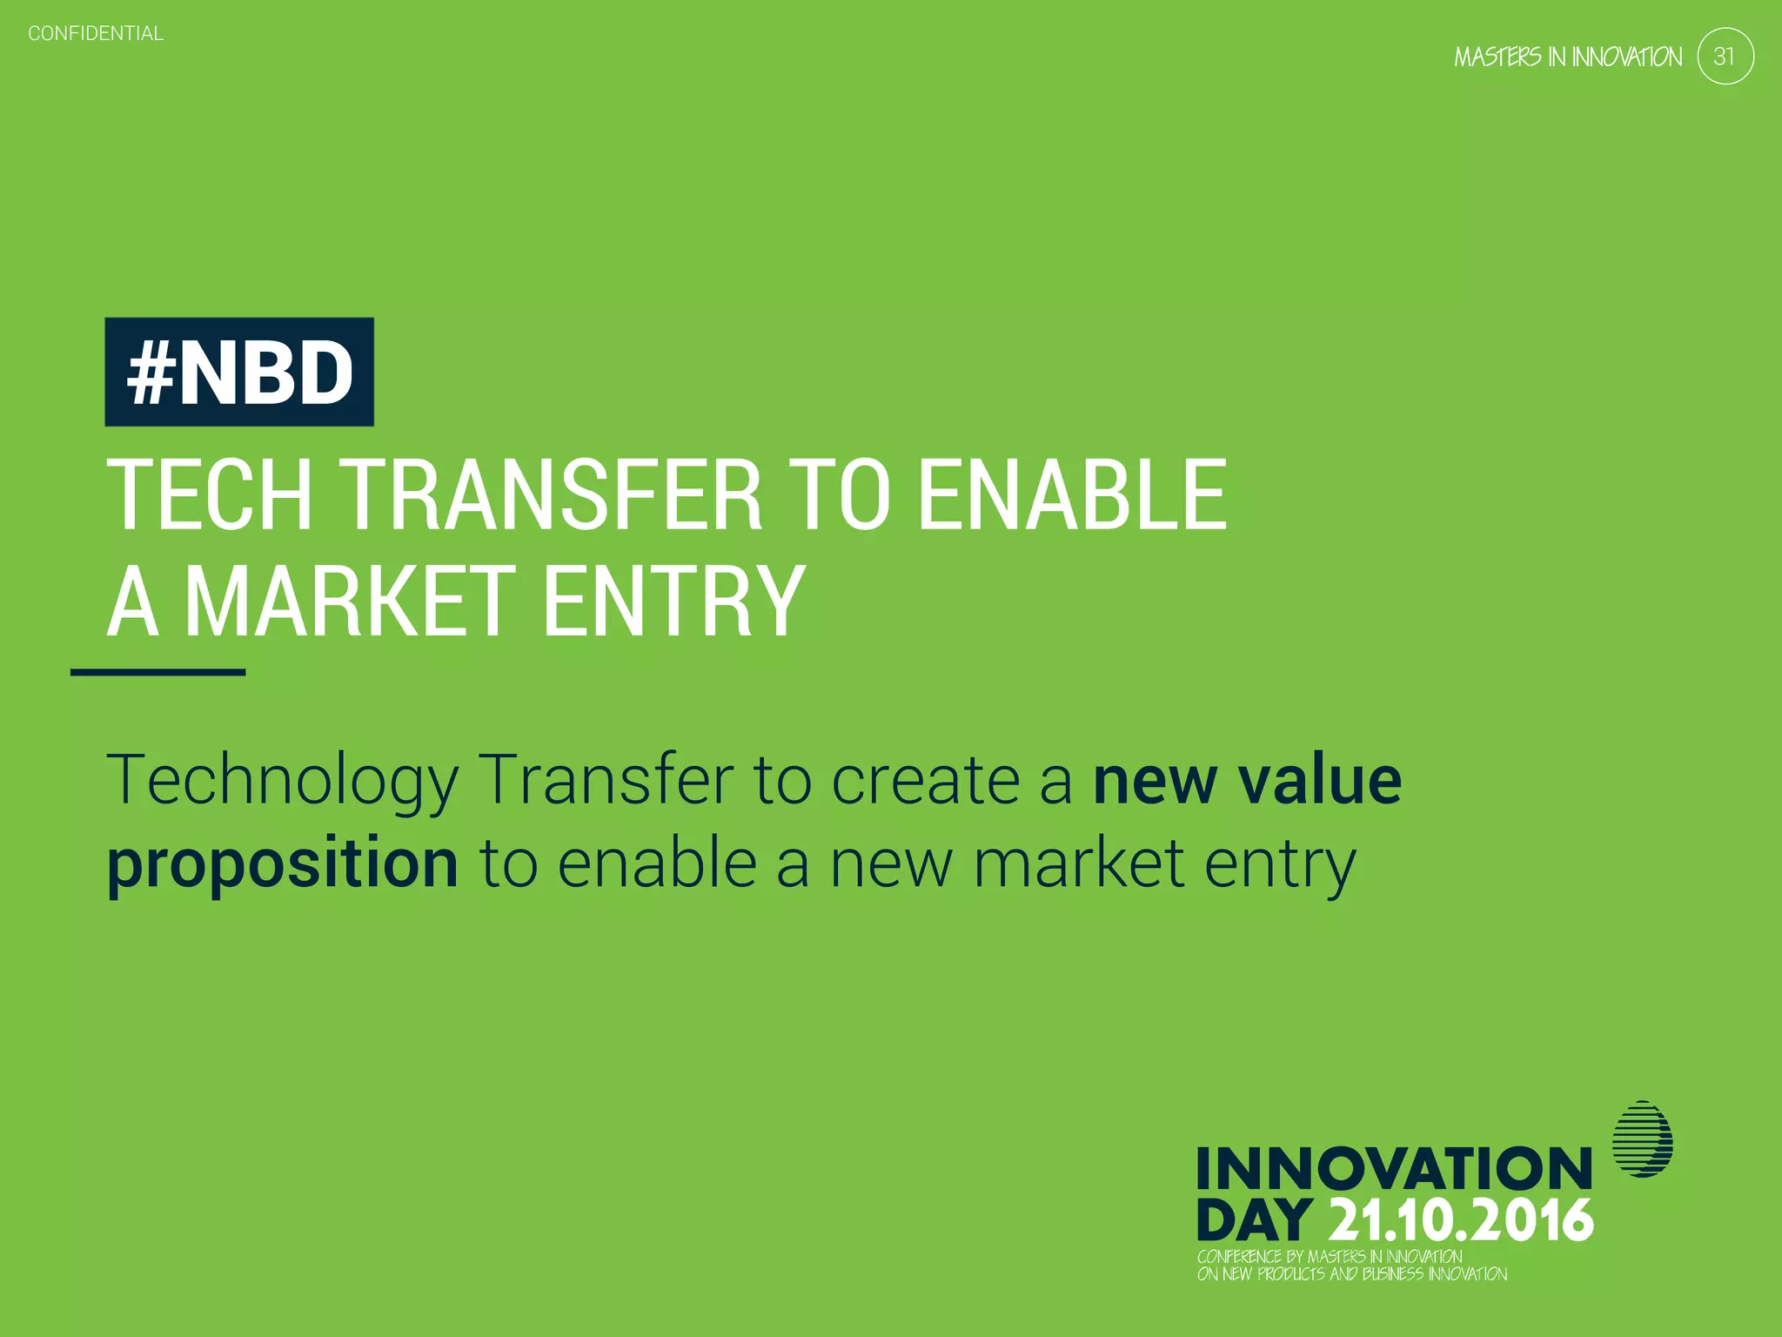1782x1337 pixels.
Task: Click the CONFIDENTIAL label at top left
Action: coord(96,34)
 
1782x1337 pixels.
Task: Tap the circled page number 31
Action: coord(1725,57)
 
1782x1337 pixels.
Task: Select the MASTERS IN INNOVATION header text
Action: coord(1568,57)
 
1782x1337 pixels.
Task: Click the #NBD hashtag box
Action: coord(239,373)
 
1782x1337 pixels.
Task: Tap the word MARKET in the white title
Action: coord(351,601)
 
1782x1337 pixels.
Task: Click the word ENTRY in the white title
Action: coord(674,601)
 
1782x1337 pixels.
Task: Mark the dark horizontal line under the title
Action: coord(157,672)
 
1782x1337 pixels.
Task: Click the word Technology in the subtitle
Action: coord(283,781)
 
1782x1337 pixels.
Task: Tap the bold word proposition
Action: coord(283,863)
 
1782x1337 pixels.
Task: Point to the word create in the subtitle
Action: coord(925,781)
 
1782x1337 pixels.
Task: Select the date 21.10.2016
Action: coord(1461,1220)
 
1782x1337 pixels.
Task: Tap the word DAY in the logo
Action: coord(1254,1220)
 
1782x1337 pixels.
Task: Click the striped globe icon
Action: coord(1642,1139)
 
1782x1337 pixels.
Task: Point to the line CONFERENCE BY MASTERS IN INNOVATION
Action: coord(1329,1256)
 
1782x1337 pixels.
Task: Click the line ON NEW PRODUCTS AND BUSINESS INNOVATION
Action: coord(1351,1273)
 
